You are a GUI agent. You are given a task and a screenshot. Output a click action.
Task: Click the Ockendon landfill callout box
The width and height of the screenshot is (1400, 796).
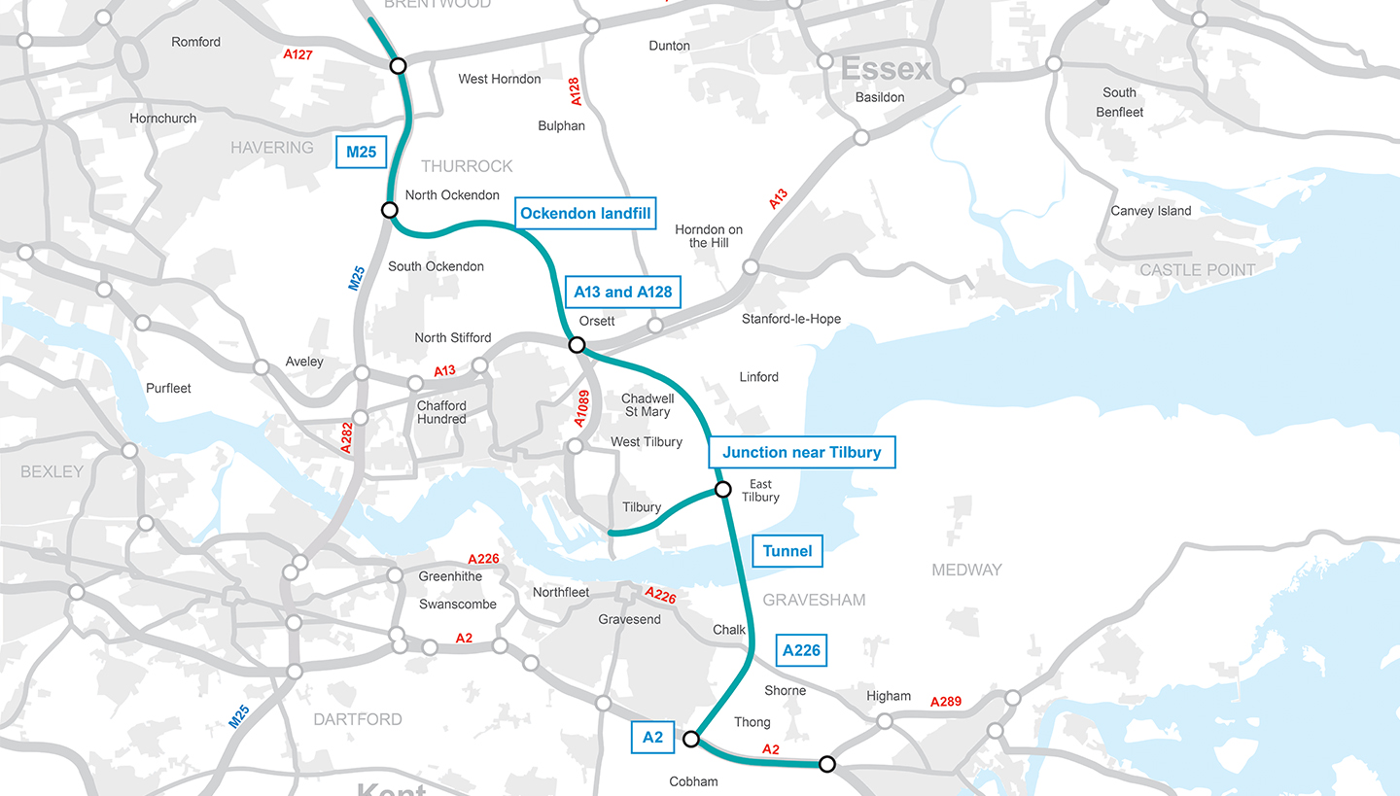click(x=584, y=213)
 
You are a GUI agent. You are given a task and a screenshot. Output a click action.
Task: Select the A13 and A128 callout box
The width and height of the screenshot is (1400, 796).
click(x=622, y=292)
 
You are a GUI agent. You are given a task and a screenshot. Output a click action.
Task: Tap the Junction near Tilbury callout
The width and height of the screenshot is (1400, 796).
click(x=801, y=452)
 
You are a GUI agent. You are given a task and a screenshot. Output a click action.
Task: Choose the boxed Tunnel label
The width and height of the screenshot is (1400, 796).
click(x=787, y=551)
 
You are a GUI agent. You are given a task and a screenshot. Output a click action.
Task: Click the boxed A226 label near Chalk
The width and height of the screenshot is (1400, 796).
click(x=801, y=650)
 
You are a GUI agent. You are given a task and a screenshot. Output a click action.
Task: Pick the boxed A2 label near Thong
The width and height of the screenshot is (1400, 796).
click(x=652, y=737)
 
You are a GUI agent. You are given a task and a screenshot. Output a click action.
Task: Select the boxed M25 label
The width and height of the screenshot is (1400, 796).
click(x=361, y=152)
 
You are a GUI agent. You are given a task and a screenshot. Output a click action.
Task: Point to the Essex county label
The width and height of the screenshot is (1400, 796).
click(x=886, y=70)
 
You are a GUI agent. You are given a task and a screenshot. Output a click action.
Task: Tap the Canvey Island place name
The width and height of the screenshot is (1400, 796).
click(x=1151, y=211)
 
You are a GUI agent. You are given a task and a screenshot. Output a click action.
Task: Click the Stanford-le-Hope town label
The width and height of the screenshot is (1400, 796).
click(x=790, y=319)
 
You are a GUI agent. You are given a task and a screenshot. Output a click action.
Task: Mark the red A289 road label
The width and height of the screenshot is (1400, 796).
click(x=946, y=702)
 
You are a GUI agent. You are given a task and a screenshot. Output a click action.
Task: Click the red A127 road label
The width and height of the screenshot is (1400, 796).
click(x=298, y=54)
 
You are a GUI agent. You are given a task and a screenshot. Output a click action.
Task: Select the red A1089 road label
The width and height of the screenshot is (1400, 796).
click(x=581, y=409)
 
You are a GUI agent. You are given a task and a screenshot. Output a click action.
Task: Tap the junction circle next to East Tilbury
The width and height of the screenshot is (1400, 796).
click(x=722, y=490)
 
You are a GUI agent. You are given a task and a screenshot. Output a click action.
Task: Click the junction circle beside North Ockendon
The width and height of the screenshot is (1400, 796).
click(x=389, y=210)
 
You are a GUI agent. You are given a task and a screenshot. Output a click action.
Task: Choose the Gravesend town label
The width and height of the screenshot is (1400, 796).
click(x=629, y=620)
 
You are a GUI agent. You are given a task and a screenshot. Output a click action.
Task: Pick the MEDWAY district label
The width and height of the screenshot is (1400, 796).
click(x=966, y=570)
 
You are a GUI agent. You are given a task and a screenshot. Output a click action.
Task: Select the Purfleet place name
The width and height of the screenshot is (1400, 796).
click(x=168, y=388)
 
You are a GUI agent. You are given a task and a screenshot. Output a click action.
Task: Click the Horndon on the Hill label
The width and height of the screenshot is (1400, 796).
click(x=709, y=236)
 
